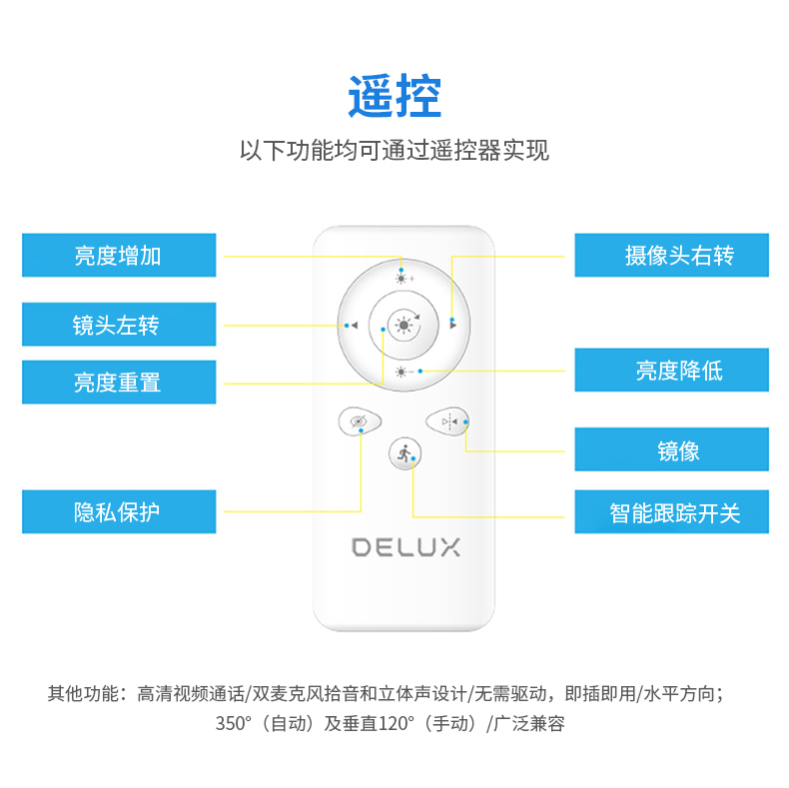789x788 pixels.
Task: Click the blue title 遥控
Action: coord(394,96)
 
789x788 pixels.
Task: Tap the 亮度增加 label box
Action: coord(119,255)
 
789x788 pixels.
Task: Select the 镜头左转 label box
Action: coord(119,324)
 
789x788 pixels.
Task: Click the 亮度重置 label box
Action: coord(119,382)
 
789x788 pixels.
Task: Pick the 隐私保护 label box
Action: coord(119,511)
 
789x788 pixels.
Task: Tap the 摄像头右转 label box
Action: coord(672,255)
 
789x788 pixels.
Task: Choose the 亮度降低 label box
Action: coord(672,370)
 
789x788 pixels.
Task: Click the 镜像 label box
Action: coord(672,449)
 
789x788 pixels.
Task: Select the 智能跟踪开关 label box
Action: coord(672,511)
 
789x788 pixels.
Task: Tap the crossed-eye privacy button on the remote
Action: coord(360,421)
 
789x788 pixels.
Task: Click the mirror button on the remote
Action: coord(447,421)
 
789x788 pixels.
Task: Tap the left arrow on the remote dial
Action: coord(355,326)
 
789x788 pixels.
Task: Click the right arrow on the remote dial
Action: coord(452,326)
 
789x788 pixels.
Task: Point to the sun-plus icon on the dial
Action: coord(404,279)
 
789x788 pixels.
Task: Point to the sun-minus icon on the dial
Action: coord(404,372)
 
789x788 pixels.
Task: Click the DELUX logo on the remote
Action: coord(405,547)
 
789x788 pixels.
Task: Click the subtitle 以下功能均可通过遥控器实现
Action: coord(394,150)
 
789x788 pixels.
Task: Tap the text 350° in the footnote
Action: coord(233,723)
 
